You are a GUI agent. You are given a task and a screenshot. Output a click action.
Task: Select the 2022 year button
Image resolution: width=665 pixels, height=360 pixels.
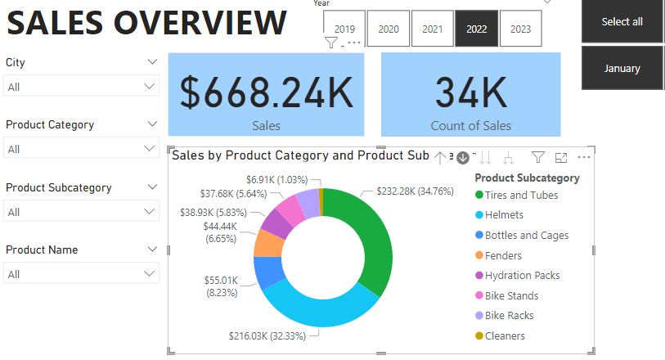tap(476, 29)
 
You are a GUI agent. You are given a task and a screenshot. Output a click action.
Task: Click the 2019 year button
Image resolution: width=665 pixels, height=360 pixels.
tap(344, 29)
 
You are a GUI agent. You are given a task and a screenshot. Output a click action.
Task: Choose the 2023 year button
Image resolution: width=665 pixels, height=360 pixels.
tap(521, 29)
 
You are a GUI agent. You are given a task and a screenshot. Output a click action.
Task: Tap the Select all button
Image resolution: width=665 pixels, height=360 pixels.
tap(622, 21)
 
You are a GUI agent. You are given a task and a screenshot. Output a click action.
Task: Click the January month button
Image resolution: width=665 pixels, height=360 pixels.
tap(622, 68)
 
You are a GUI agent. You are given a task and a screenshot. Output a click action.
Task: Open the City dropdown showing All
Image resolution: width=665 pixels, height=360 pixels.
tap(81, 86)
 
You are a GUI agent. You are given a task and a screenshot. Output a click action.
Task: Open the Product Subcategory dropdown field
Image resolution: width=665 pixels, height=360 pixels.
tap(81, 211)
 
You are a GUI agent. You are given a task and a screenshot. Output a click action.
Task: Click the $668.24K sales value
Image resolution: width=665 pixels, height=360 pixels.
tap(267, 92)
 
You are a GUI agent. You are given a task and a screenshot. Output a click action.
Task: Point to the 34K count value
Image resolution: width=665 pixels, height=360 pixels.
tap(471, 92)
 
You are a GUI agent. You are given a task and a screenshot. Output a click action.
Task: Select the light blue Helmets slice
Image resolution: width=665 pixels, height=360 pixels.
tap(320, 308)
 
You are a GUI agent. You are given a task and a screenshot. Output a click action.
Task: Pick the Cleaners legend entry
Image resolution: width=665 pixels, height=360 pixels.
tap(500, 335)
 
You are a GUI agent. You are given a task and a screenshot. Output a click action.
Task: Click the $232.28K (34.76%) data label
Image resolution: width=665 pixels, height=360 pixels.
tap(416, 191)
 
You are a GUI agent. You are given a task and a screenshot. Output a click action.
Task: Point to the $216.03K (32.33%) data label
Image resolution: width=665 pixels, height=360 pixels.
tap(267, 335)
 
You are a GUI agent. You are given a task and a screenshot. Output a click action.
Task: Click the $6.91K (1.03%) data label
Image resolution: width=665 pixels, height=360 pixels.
tap(277, 180)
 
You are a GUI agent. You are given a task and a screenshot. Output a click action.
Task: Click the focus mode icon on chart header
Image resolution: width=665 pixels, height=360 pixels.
tap(561, 158)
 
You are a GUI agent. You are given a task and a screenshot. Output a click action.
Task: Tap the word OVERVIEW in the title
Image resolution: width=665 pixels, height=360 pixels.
tap(200, 23)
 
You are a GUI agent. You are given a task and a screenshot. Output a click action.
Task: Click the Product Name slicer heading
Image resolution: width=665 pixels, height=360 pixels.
tap(42, 250)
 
